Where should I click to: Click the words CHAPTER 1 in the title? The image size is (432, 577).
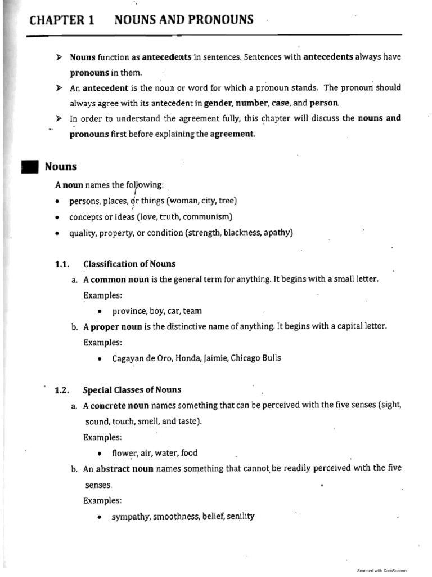point(62,21)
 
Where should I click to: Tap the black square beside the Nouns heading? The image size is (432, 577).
point(29,167)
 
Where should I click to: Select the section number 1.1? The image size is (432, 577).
point(61,264)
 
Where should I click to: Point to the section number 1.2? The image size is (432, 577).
point(61,390)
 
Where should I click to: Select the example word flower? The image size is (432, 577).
point(124,453)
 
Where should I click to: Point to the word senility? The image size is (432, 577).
point(241,516)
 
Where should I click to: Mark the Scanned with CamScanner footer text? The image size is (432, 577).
point(382,570)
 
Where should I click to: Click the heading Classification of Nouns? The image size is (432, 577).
point(129,264)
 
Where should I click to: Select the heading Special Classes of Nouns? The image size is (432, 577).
point(132,390)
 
